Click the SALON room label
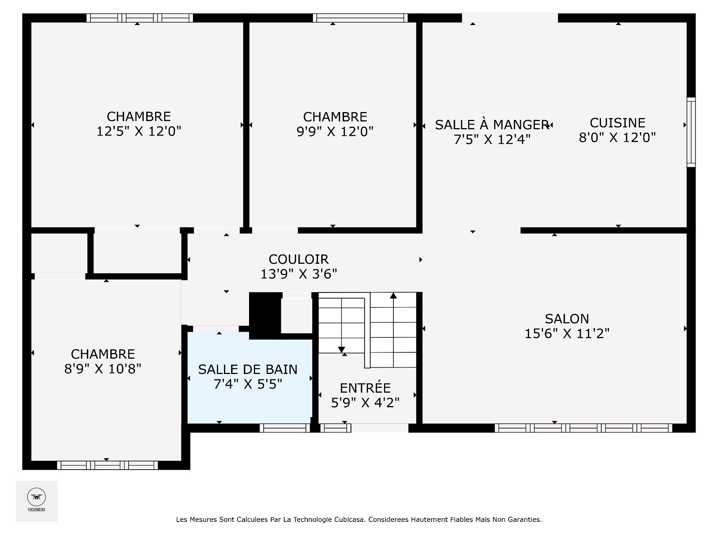[567, 319]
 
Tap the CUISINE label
[617, 123]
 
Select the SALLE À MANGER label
[492, 124]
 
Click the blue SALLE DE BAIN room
[249, 377]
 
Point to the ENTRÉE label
[365, 388]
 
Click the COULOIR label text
[298, 259]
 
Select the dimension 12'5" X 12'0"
[139, 132]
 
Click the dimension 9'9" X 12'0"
[335, 132]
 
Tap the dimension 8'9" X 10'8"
[103, 369]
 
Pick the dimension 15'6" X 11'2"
[567, 333]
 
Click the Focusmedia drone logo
[37, 497]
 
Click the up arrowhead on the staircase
[393, 296]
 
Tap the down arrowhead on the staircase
[341, 350]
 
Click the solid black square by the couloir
[265, 313]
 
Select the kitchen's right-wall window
[691, 132]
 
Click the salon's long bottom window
[583, 428]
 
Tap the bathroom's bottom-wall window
[285, 428]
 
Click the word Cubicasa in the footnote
[350, 519]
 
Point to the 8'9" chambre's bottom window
[107, 465]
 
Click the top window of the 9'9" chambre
[360, 18]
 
